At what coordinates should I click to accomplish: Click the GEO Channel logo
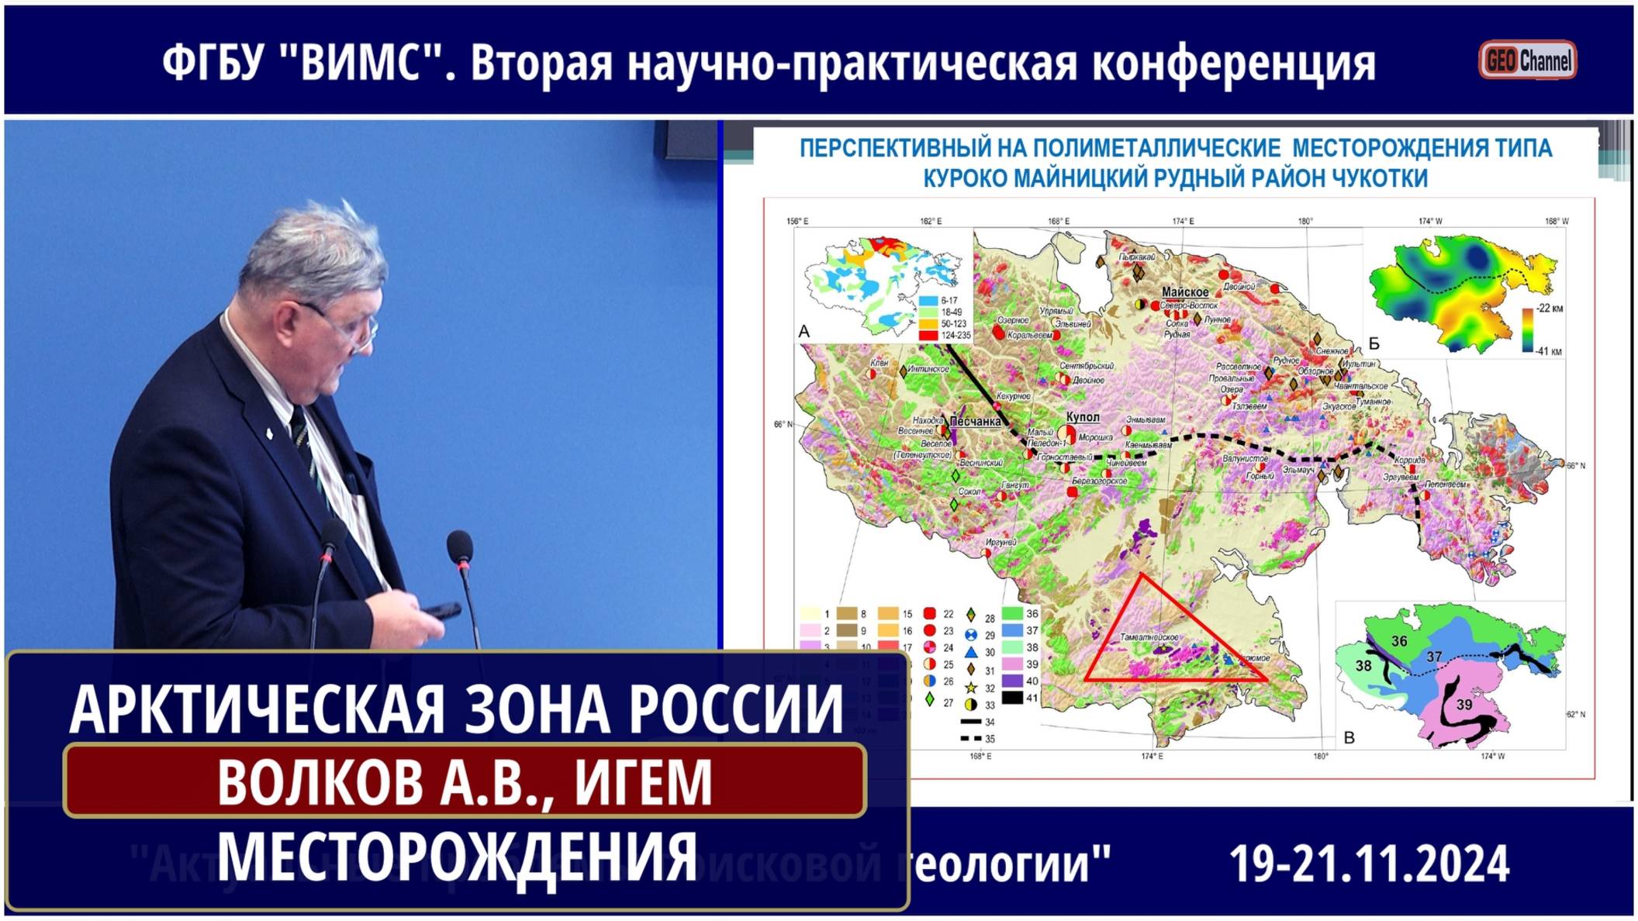[1527, 60]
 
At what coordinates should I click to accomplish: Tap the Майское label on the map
[1185, 292]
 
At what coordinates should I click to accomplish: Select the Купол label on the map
[1083, 417]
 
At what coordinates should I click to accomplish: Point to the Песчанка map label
[975, 422]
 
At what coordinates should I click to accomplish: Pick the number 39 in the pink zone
[1464, 705]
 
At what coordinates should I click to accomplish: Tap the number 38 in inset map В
[1363, 666]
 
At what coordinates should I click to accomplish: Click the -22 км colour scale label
[1550, 309]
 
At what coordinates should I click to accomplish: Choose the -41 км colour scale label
[1550, 351]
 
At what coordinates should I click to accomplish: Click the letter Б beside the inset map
[1374, 343]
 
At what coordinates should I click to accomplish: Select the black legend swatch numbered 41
[1011, 698]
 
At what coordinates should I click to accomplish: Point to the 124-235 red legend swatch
[928, 336]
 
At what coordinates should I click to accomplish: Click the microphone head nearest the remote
[460, 543]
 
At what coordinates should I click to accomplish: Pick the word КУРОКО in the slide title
[965, 179]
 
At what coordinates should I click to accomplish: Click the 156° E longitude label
[797, 222]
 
